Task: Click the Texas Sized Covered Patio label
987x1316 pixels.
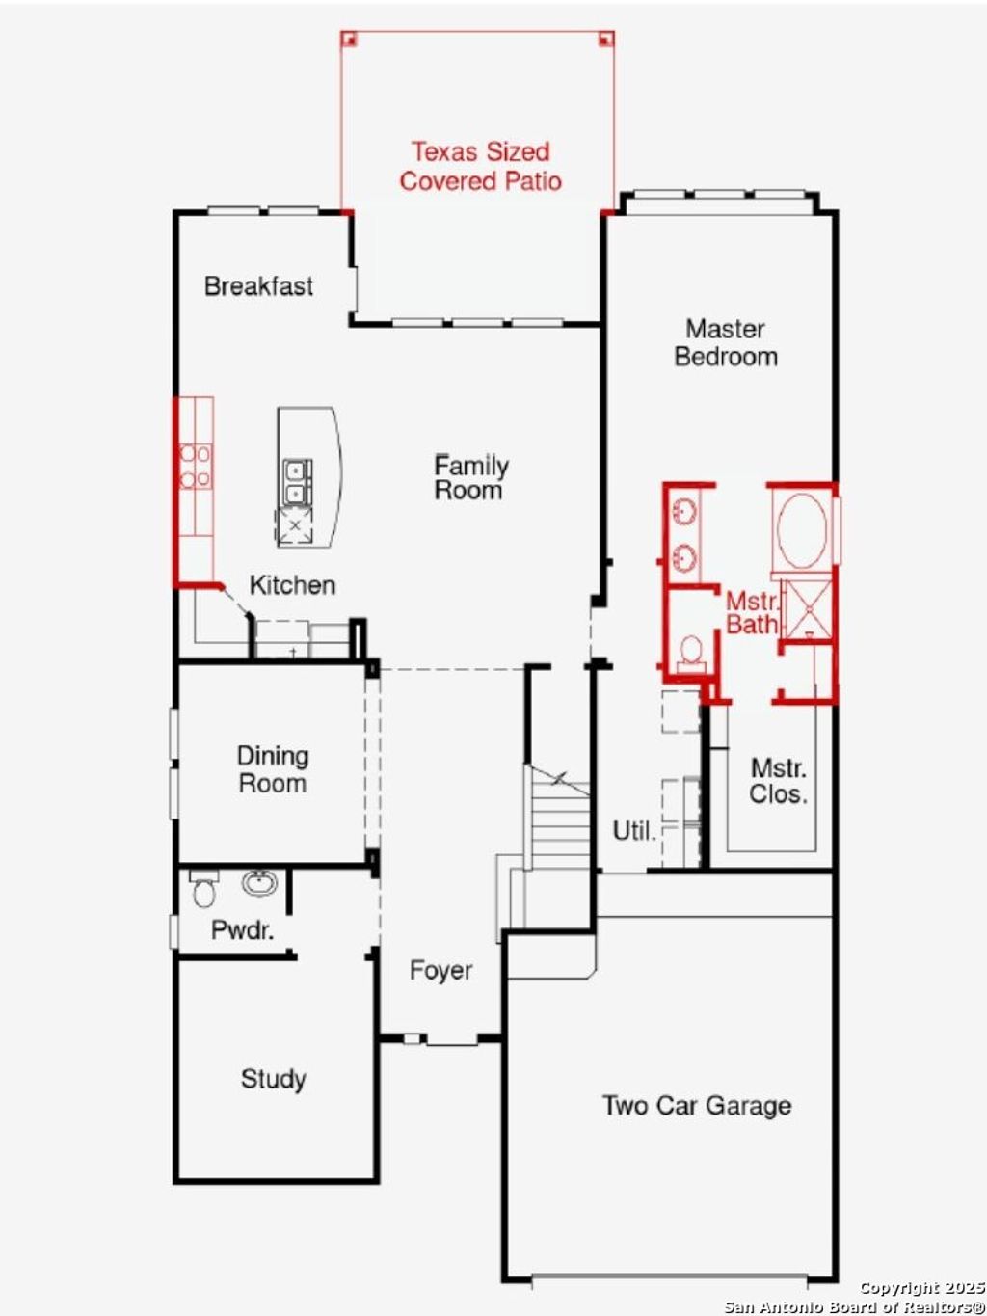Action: tap(480, 166)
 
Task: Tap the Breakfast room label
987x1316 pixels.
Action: tap(258, 286)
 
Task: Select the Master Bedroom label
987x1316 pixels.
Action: tap(725, 342)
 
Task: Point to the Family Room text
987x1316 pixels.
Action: tap(469, 477)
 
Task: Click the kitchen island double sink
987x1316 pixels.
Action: tap(296, 482)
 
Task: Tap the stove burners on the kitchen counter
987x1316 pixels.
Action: tap(196, 465)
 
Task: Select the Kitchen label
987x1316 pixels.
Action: tap(292, 585)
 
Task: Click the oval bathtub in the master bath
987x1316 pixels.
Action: tap(802, 531)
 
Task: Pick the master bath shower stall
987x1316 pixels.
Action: tap(806, 607)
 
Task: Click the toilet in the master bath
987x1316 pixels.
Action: tap(691, 653)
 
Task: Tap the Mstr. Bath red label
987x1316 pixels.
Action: tap(752, 613)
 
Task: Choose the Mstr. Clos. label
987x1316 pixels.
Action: tap(778, 781)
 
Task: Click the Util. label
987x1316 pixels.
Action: tap(633, 830)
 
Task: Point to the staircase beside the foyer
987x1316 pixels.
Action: tap(557, 819)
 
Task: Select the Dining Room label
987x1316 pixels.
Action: tap(273, 769)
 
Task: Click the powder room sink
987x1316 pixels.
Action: tap(258, 882)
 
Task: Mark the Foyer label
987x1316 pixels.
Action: tap(440, 970)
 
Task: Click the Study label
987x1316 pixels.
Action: tap(273, 1079)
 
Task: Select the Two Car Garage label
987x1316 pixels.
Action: tap(696, 1106)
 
